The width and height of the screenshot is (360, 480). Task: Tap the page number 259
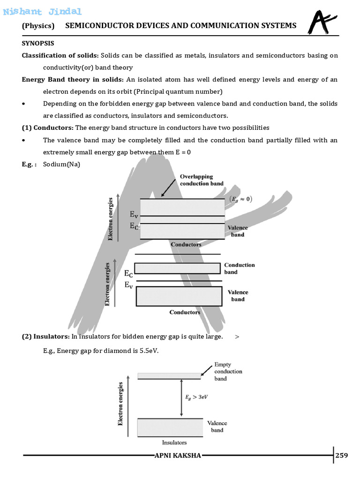[x=342, y=455]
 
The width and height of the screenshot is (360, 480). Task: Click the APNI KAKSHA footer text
[x=178, y=456]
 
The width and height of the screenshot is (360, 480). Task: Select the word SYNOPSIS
[x=38, y=43]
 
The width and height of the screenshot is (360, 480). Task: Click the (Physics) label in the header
[x=38, y=26]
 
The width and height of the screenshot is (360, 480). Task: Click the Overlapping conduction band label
[x=202, y=180]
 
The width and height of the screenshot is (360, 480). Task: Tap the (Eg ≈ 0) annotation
[x=241, y=199]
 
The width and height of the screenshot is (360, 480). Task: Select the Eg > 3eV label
[x=196, y=396]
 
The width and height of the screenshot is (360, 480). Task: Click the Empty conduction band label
[x=228, y=371]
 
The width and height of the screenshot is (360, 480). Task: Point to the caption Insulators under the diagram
[x=174, y=442]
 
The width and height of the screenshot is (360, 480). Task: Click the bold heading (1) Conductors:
[x=47, y=127]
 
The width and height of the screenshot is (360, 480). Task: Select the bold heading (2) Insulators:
[x=45, y=337]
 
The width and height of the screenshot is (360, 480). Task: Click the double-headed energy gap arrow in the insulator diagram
[x=181, y=398]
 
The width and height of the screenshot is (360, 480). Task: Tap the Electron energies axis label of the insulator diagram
[x=120, y=404]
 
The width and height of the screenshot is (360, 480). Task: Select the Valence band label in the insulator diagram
[x=217, y=426]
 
